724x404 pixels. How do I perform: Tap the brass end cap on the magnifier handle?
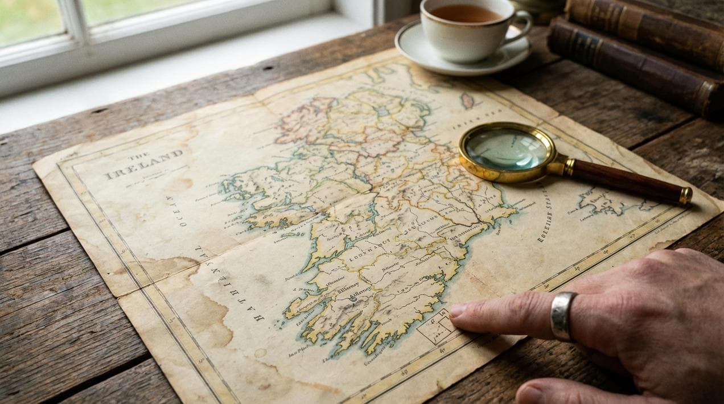point(686,196)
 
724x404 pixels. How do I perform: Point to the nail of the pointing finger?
point(458,311)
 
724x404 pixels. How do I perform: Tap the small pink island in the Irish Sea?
point(467,100)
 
